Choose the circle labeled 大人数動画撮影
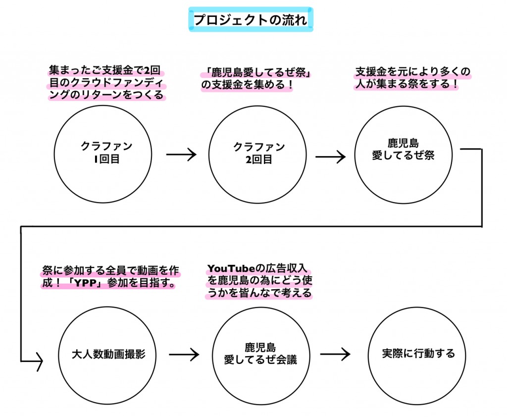(109, 355)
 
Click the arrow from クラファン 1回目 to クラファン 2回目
(181, 155)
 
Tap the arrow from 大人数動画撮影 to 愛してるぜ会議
(184, 355)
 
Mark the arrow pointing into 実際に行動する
(335, 355)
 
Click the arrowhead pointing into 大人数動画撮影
(38, 361)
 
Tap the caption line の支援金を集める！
(247, 86)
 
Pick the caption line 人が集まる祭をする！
(406, 84)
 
